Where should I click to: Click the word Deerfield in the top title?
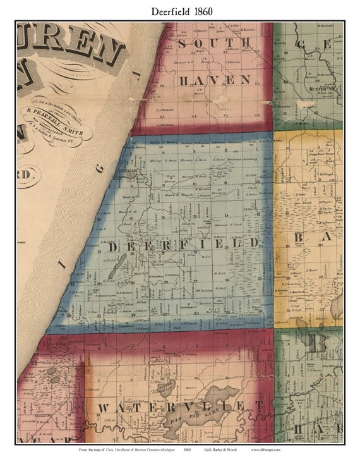pos(169,11)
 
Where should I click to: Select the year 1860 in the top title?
pos(203,11)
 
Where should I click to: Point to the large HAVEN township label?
pos(214,80)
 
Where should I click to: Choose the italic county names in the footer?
pos(135,450)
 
